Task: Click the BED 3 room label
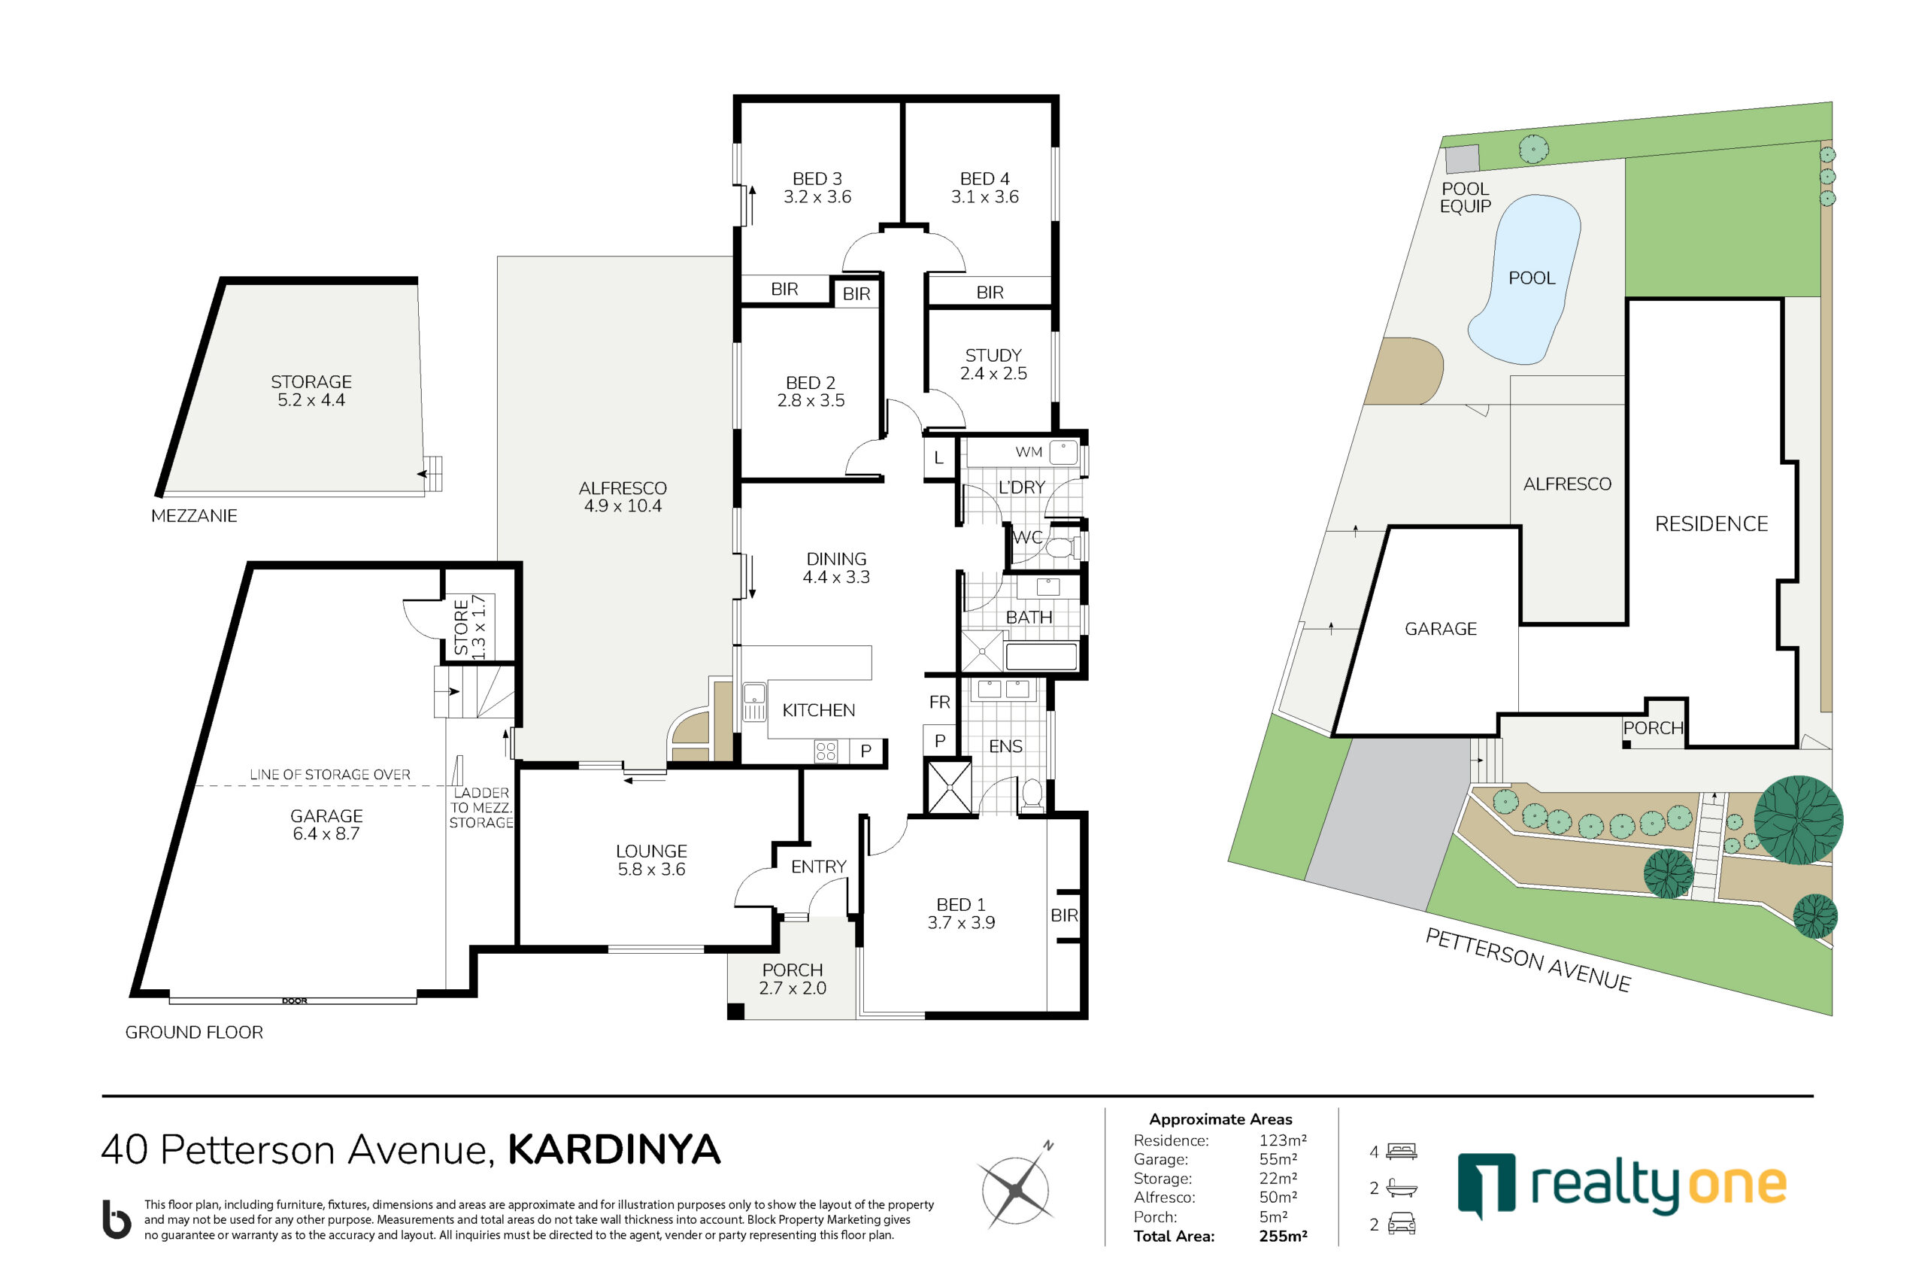817,179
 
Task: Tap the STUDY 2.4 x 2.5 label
993,364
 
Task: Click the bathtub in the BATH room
1041,657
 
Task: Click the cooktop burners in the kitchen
826,751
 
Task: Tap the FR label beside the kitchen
939,702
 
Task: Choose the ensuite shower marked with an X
948,787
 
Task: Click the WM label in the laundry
1028,452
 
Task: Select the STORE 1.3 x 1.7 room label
470,627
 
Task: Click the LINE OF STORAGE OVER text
330,774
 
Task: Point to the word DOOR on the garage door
294,1000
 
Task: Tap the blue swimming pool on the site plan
1524,278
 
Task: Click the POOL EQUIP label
1466,198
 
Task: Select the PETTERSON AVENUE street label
1527,960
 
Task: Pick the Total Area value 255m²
1283,1236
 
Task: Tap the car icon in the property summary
1402,1224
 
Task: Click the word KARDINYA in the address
614,1149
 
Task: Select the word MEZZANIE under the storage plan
194,515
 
